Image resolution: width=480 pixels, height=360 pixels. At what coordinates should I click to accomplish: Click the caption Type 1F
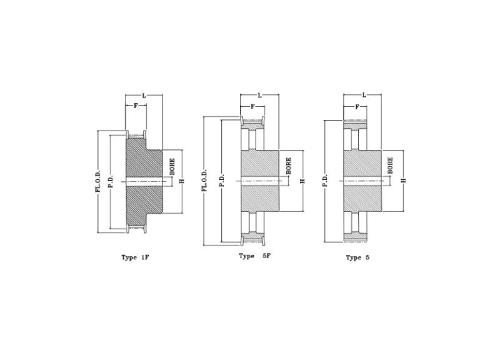(135, 257)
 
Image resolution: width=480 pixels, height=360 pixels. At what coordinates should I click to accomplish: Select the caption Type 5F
(255, 256)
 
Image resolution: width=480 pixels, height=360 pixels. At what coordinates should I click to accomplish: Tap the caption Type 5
(357, 257)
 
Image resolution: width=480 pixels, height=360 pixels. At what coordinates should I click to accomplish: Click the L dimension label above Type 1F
(144, 96)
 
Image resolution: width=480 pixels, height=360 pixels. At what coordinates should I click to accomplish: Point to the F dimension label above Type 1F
(136, 106)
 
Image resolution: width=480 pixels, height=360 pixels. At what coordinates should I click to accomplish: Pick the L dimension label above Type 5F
(259, 96)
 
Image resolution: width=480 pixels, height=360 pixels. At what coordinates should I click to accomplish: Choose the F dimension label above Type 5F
(252, 106)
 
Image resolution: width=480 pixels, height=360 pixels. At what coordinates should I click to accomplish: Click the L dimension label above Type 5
(364, 95)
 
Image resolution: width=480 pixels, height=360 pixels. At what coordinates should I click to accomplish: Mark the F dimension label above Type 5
(357, 107)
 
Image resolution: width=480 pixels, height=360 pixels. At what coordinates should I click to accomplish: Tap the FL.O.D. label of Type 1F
(98, 181)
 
